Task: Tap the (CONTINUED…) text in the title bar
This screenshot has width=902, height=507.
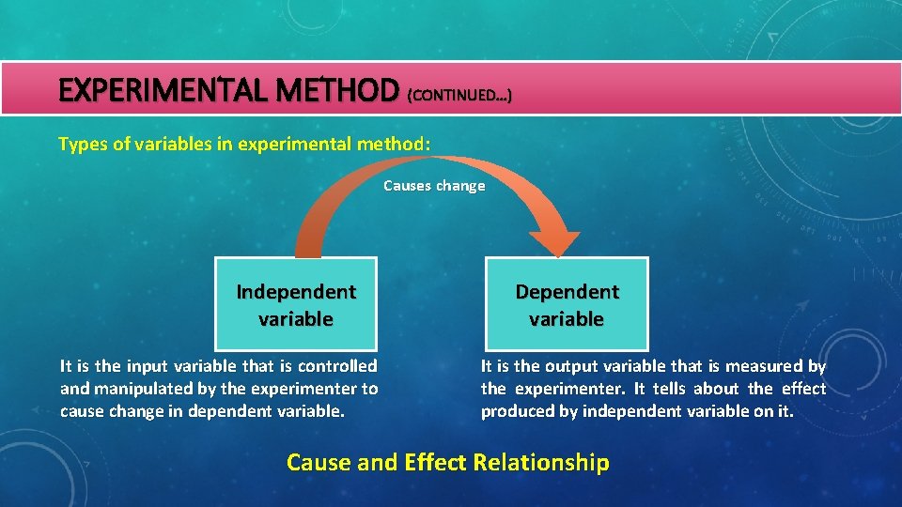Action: click(x=459, y=95)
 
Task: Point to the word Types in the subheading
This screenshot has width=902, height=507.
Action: click(x=81, y=144)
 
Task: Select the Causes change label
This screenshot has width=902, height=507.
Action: click(x=434, y=186)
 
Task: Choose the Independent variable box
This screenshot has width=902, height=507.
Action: click(x=296, y=304)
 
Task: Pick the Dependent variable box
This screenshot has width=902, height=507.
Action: click(x=567, y=304)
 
